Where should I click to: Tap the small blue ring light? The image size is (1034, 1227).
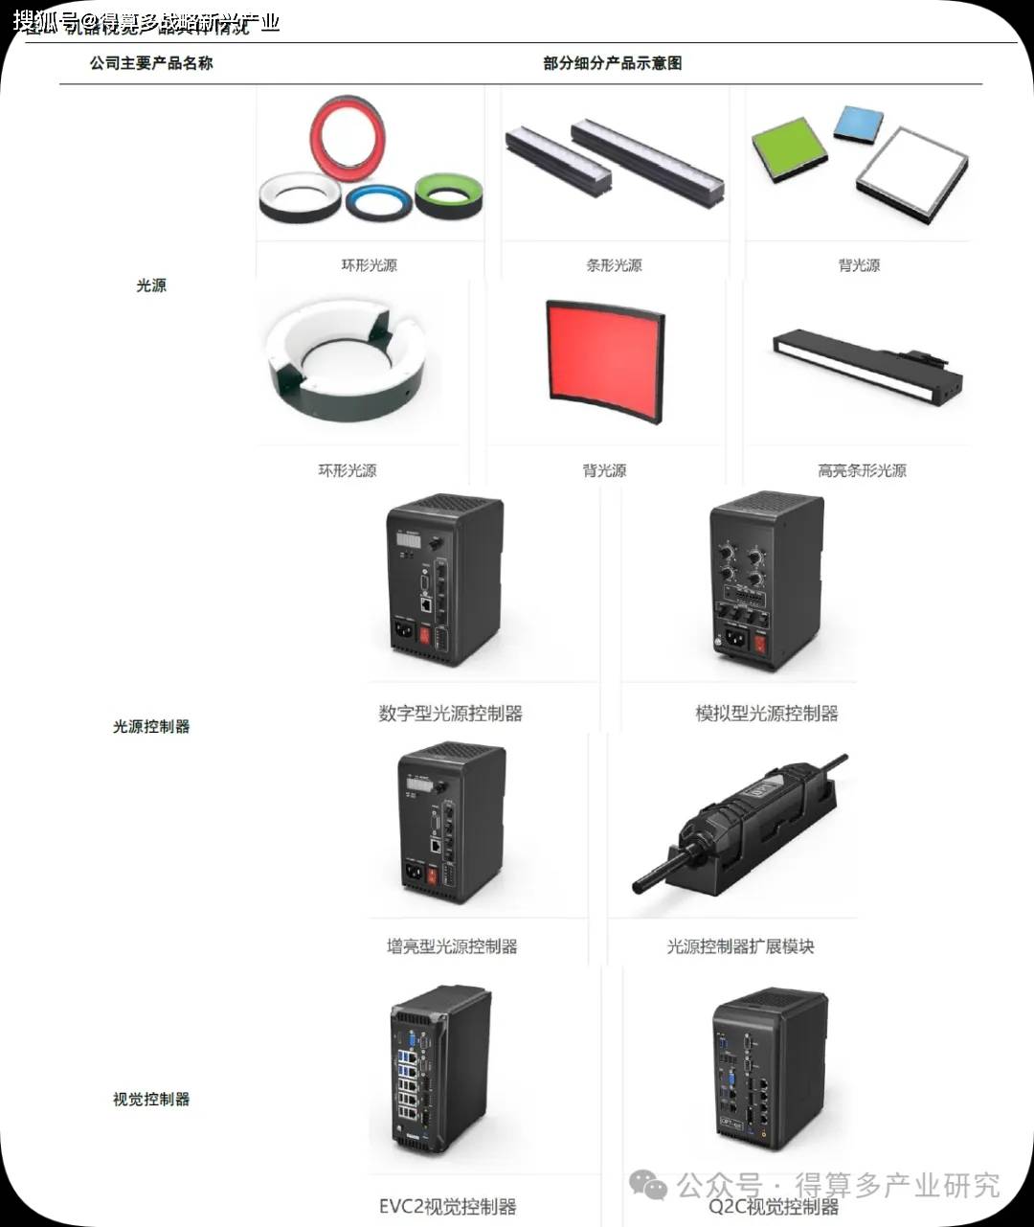pos(378,202)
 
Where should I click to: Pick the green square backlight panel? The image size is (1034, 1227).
pos(790,148)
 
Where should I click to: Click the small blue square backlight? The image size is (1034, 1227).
pos(858,123)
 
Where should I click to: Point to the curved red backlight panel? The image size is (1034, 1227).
pos(604,360)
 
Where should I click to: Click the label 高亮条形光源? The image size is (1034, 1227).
pos(862,470)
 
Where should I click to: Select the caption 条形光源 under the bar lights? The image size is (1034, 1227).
pos(614,265)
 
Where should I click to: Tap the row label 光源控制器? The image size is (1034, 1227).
pos(151,726)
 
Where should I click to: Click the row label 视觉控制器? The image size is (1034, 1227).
pos(151,1099)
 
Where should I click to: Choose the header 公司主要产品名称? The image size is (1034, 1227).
pos(151,63)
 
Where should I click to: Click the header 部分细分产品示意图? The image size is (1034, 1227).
pos(613,63)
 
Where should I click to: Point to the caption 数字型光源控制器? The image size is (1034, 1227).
pos(451,714)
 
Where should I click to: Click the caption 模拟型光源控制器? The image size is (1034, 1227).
pos(766,714)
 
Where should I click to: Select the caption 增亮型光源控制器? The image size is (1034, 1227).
pos(452,946)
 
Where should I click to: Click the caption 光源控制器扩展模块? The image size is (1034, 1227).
pos(740,946)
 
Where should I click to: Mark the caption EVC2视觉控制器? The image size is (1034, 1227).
pos(447,1207)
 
